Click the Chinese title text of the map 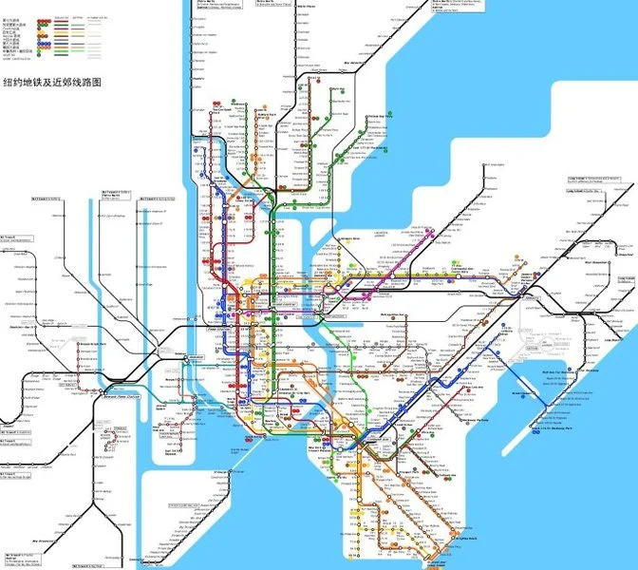click(x=53, y=84)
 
